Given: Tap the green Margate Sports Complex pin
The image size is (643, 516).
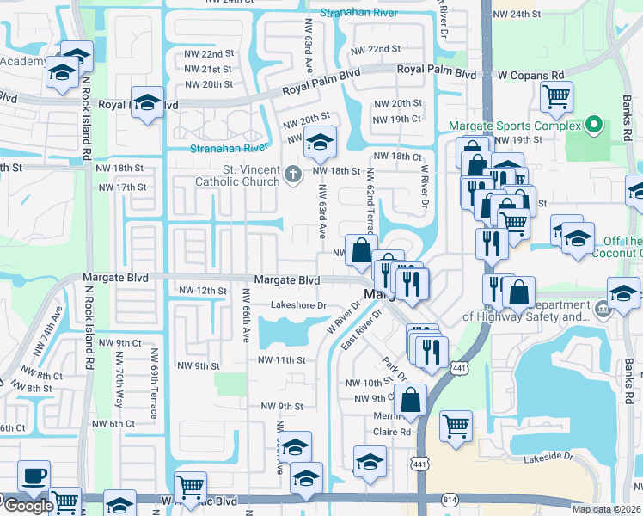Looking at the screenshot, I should pos(593,126).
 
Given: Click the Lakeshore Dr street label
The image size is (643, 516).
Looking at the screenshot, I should pos(299,305).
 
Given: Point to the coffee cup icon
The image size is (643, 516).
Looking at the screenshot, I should pos(34,476).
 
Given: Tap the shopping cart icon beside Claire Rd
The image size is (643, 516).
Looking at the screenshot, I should pos(456,425).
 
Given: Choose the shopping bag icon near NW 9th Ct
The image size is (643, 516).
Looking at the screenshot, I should pos(413,399).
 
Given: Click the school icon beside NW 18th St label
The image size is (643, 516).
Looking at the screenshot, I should pos(320,142).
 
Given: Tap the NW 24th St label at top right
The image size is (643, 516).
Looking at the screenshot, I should pos(516,14).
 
